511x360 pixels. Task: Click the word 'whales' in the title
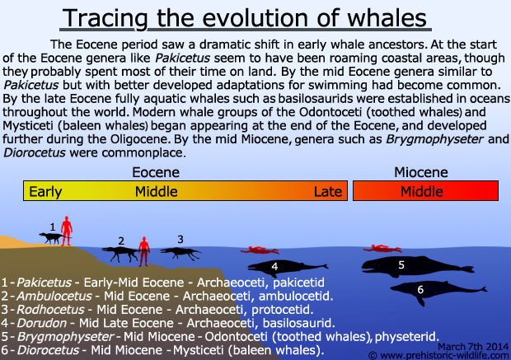click(387, 18)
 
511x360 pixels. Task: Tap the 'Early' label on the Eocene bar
click(45, 192)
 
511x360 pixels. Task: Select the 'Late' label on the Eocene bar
click(328, 192)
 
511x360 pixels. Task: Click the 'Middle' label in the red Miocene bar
click(422, 192)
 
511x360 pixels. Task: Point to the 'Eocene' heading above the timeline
click(156, 172)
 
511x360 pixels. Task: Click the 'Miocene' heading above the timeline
click(421, 172)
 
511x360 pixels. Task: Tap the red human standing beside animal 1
click(67, 230)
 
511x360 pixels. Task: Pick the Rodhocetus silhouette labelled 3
click(180, 253)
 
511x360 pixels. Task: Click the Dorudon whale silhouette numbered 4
click(288, 268)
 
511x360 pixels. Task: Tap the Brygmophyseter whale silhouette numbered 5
click(417, 266)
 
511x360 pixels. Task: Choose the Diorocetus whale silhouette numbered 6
click(438, 291)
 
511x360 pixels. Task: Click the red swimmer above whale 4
click(260, 250)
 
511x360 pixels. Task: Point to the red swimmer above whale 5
click(382, 249)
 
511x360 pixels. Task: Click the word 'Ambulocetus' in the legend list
click(54, 296)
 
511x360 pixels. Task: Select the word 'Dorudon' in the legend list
click(41, 323)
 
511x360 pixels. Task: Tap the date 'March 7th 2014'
click(473, 346)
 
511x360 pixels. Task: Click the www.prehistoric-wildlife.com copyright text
click(439, 355)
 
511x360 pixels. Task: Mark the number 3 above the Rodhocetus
click(180, 240)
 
